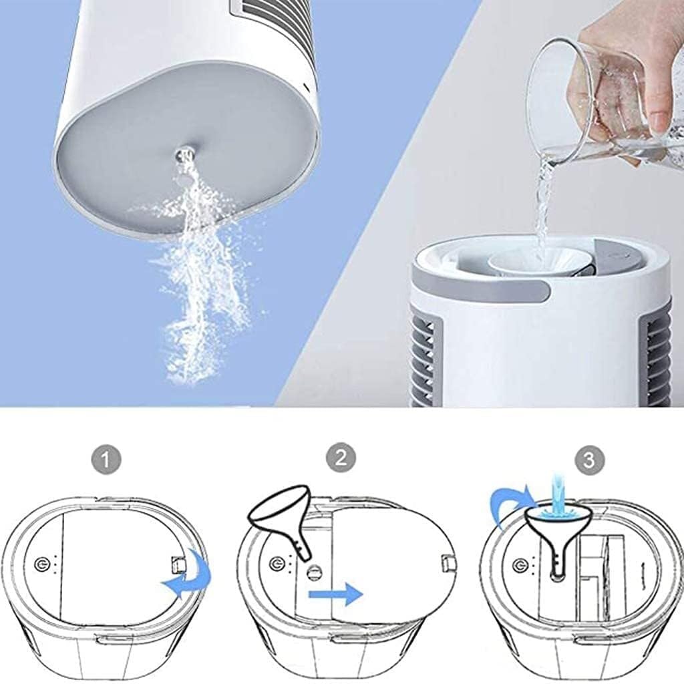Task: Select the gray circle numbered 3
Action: (x=588, y=460)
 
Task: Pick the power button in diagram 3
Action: (x=519, y=566)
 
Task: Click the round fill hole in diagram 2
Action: (x=312, y=572)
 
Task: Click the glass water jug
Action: (x=588, y=100)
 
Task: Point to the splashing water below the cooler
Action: (x=200, y=281)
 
